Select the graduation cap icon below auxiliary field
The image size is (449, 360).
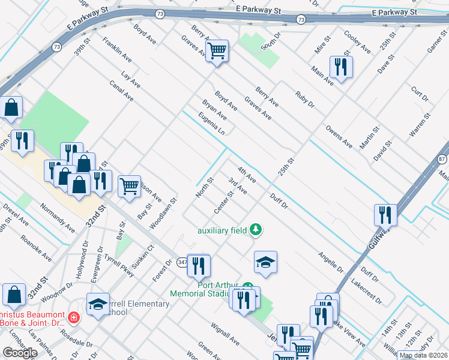265,262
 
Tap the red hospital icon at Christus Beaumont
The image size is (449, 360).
73,316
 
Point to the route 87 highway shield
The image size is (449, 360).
442,159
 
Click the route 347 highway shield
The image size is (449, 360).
182,262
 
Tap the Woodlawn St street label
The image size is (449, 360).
163,214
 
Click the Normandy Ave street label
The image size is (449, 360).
58,219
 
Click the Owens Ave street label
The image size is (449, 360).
339,136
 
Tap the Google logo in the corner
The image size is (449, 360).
20,353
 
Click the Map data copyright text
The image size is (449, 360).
423,355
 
